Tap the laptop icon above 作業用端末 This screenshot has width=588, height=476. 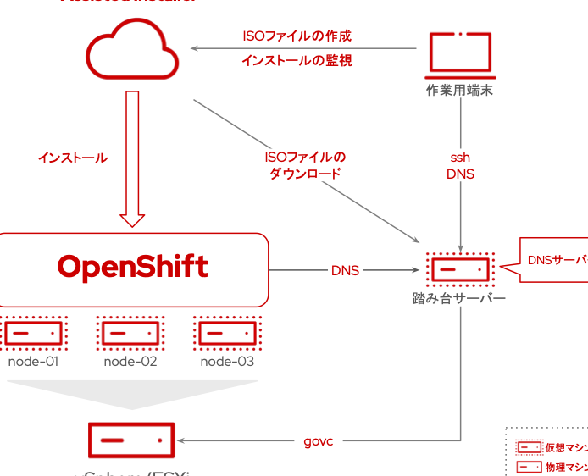tap(459, 53)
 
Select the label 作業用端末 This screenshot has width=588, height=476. tap(459, 90)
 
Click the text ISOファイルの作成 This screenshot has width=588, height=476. tap(297, 36)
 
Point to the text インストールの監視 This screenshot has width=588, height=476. tap(297, 60)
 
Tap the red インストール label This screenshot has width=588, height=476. tap(73, 158)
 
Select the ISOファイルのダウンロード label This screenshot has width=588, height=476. tap(305, 165)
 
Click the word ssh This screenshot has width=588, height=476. tap(460, 158)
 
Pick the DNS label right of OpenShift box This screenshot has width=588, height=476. tap(345, 270)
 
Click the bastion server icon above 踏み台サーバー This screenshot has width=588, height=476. tap(460, 269)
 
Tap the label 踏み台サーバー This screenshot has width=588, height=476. tap(459, 299)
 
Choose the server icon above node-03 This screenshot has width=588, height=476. tap(227, 332)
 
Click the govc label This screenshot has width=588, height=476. tap(319, 441)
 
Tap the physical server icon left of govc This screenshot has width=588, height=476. tap(131, 440)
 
